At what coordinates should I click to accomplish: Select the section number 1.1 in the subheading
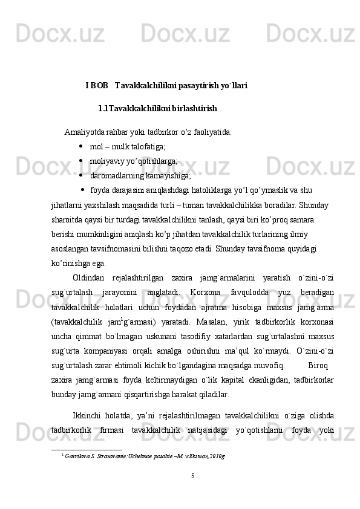click(x=103, y=109)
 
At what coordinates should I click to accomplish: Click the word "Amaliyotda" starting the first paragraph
click(x=83, y=132)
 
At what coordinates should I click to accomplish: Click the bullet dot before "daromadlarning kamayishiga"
click(x=80, y=176)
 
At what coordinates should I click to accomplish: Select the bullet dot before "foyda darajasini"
click(x=83, y=191)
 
